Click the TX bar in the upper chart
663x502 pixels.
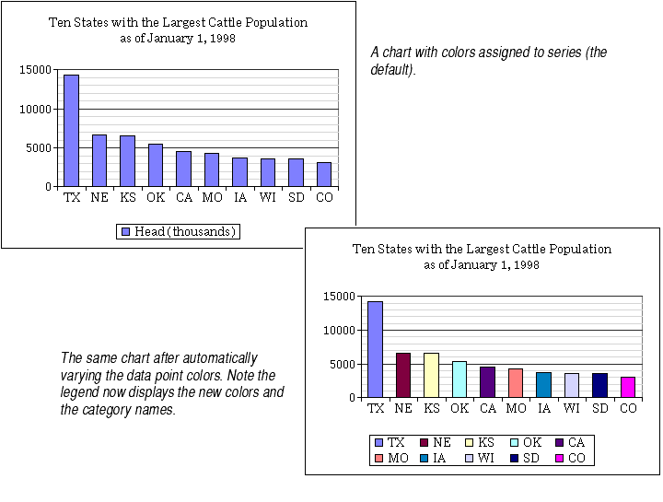tap(71, 131)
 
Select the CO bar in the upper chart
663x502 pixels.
tap(324, 174)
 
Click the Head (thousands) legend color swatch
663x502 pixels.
tap(125, 231)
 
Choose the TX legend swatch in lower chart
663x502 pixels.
tap(378, 443)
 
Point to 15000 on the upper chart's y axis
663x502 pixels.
tap(36, 70)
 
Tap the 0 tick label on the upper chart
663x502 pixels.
tap(49, 187)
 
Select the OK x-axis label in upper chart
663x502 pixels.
tap(156, 197)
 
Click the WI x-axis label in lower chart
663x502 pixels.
tap(572, 408)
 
